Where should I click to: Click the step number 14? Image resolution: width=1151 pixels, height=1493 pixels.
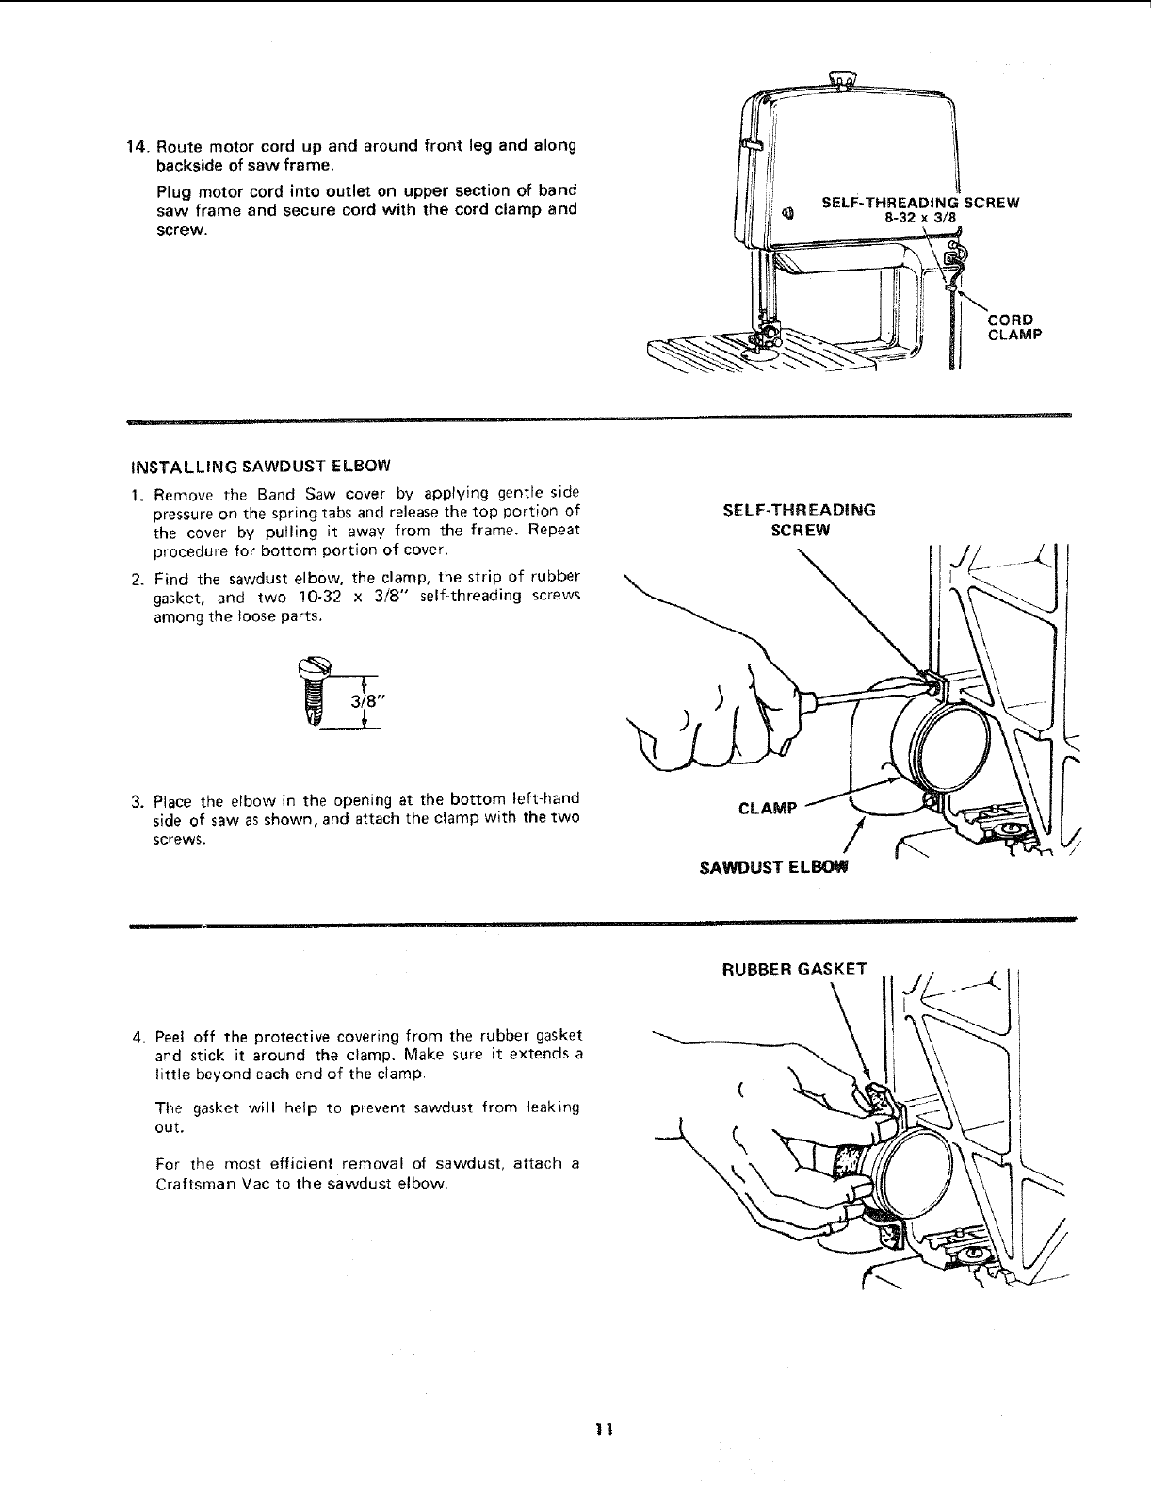point(137,147)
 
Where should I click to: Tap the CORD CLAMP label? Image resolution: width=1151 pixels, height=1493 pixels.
point(1011,325)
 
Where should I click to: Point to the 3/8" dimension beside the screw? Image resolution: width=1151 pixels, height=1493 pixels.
point(364,701)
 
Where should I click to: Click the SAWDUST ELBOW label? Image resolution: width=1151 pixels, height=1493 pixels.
point(773,867)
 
